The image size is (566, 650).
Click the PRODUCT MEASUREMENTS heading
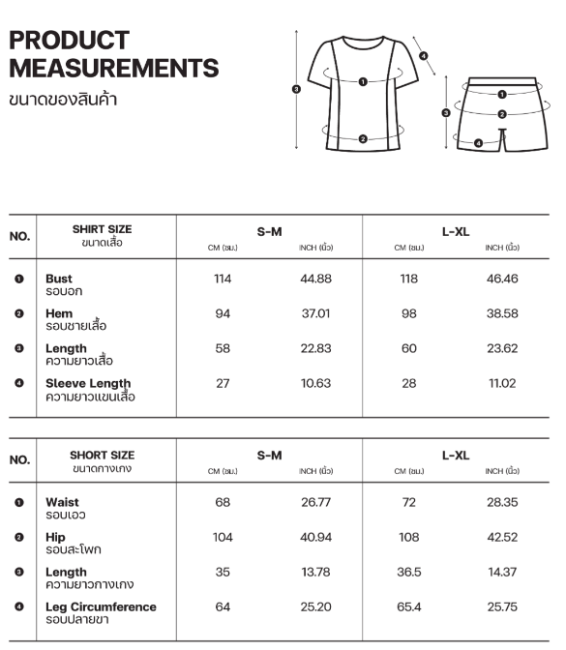coord(113,55)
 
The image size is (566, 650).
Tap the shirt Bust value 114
coord(223,279)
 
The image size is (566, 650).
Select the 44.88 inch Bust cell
coord(316,279)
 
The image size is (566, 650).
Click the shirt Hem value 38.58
coord(501,313)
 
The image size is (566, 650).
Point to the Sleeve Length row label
coord(88,384)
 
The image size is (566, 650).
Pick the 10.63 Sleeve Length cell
coord(316,383)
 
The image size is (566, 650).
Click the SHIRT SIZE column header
coord(102,230)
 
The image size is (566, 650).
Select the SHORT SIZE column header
coord(102,455)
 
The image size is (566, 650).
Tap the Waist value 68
coord(223,503)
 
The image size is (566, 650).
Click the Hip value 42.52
coord(501,538)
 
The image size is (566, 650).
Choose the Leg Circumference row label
coord(101,607)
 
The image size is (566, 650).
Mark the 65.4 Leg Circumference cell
coord(409,607)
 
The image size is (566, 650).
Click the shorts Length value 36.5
coord(409,573)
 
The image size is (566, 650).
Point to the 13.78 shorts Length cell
coord(316,573)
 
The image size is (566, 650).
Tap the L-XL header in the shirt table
coord(456,231)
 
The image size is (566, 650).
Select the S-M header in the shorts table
coord(269,456)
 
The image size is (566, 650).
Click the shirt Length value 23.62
coord(501,348)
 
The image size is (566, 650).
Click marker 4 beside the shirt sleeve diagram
coord(424,55)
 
